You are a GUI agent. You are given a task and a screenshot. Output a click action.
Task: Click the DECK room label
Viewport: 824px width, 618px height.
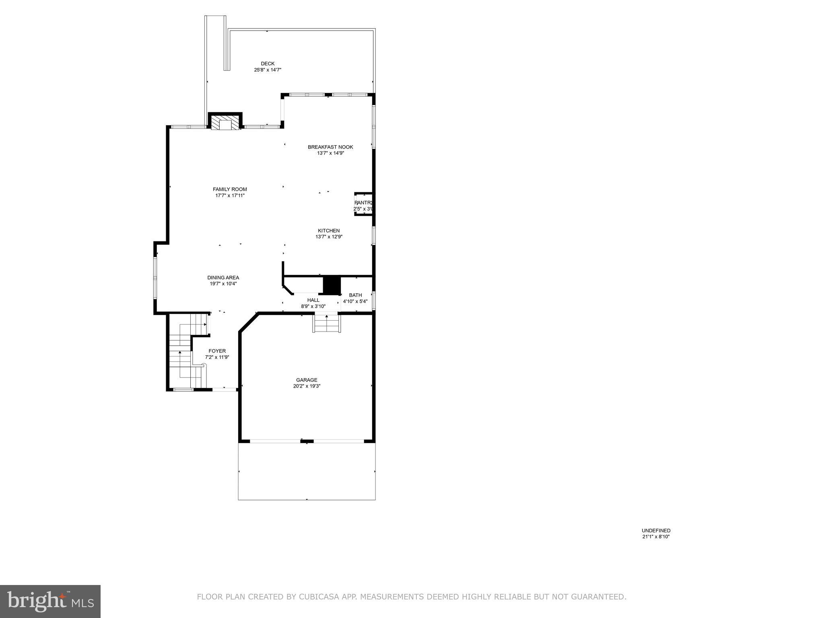coord(268,64)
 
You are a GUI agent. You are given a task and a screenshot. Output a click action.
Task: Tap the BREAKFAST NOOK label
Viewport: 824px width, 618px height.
coord(330,147)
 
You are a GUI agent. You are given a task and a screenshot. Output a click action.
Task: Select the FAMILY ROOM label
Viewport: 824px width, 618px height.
coord(230,190)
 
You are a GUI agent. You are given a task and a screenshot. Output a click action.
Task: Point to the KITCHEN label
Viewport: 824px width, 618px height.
coord(329,231)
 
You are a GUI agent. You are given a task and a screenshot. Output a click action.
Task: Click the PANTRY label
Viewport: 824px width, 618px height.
coord(363,203)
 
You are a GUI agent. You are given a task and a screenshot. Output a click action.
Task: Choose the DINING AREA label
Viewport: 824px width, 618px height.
coord(223,278)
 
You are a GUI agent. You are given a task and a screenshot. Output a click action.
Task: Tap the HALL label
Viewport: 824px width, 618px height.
coord(313,300)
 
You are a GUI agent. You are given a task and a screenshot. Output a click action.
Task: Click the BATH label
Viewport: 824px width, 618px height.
coord(355,295)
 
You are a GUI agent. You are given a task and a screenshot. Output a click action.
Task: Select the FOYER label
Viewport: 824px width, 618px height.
coord(217,351)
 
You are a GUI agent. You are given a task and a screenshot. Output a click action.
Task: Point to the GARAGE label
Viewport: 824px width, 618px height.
coord(307,380)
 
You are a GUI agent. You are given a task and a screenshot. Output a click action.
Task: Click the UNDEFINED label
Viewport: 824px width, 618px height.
coord(656,531)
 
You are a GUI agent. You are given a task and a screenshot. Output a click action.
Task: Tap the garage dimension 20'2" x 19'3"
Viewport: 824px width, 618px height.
coord(307,386)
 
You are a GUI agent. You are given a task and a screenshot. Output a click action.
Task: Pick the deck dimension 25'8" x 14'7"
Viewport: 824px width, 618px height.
coord(268,70)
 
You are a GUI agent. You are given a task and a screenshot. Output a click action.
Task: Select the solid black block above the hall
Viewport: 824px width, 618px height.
coord(332,285)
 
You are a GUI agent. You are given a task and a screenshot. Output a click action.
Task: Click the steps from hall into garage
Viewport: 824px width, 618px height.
coord(327,323)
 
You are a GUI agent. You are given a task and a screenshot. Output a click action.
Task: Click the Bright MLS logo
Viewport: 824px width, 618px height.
coord(50,601)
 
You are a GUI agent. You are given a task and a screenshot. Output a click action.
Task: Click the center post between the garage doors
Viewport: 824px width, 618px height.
coord(307,441)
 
